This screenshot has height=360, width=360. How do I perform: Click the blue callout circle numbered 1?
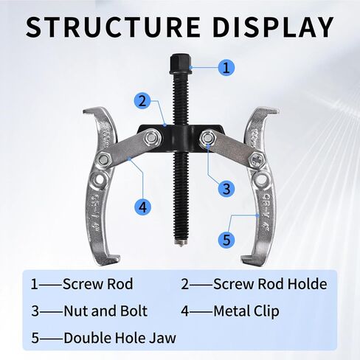point(226,67)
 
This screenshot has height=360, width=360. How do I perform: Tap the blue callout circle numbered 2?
point(142,101)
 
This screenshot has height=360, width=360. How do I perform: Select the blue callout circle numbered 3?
point(226,189)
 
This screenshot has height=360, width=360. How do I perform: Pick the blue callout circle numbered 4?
point(142,206)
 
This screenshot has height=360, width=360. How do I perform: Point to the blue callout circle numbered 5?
point(226,240)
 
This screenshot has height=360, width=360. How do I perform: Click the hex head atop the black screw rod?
point(181,65)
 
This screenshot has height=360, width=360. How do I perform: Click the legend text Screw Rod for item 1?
point(98,284)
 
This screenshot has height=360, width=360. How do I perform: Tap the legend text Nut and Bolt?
point(105,311)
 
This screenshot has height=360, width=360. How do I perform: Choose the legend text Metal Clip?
point(246,311)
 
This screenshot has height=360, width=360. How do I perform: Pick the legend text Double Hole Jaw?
point(120,338)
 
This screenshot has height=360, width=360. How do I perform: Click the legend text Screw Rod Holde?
point(270,284)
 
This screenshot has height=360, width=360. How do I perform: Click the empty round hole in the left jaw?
point(99,180)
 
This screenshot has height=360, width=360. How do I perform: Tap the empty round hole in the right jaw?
point(261,180)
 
